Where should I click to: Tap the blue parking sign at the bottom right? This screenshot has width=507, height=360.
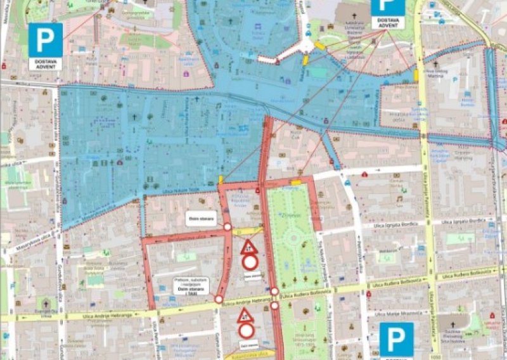coord(397,339)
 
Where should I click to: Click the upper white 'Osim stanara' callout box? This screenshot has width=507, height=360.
coord(200,217)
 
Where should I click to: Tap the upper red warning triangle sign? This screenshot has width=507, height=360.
coord(250,247)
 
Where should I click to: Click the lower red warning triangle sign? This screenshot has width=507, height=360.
coord(245,315)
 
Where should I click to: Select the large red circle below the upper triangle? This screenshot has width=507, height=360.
coord(250,262)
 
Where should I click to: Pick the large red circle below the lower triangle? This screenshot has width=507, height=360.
coord(246,331)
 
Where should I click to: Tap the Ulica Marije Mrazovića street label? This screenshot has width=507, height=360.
coord(397,314)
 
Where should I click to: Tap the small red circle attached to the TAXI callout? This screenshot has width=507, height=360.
coord(219,299)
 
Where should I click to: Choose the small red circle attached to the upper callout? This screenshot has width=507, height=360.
coord(227,226)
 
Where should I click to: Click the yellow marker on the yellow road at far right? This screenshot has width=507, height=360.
coord(416,75)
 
